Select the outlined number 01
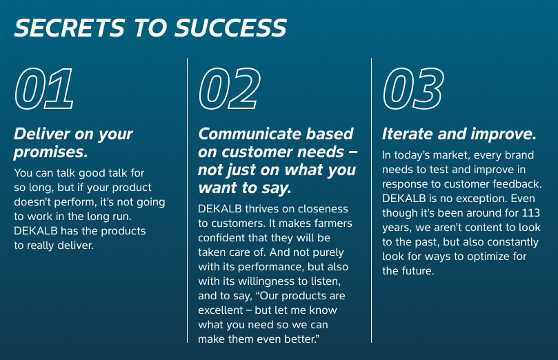pyautogui.click(x=44, y=89)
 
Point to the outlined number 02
pyautogui.click(x=230, y=89)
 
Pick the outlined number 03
pyautogui.click(x=412, y=89)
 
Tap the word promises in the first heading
pyautogui.click(x=48, y=150)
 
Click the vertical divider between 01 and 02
pyautogui.click(x=188, y=200)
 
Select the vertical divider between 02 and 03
pyautogui.click(x=371, y=200)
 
